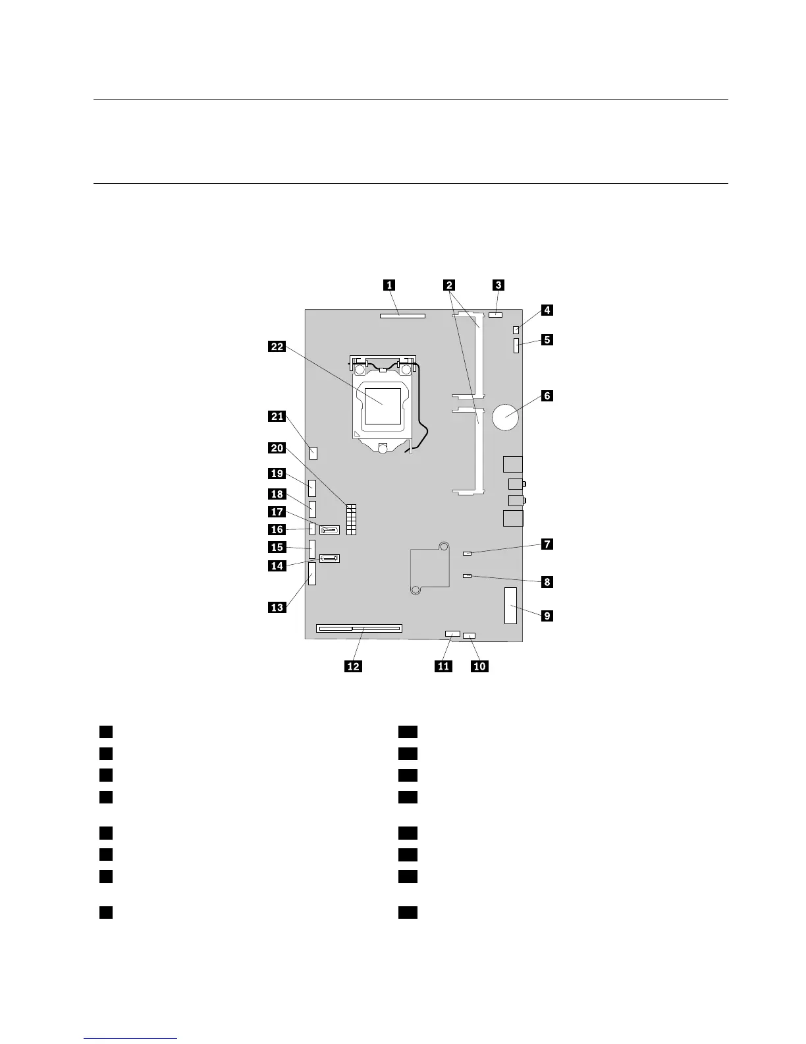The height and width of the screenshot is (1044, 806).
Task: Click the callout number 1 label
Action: (390, 285)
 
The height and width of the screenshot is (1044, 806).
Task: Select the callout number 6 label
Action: (546, 396)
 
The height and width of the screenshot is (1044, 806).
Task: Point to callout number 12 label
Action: (354, 666)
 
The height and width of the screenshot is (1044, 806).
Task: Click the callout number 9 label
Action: (546, 616)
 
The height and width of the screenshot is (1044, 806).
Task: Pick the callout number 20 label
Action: (277, 448)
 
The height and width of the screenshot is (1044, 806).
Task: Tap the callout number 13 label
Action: (277, 607)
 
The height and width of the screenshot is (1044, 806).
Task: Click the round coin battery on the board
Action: (506, 417)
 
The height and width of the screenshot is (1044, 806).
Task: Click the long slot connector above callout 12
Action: (359, 628)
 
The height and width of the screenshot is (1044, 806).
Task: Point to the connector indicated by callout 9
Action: (511, 605)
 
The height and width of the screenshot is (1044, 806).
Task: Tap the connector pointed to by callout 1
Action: (402, 316)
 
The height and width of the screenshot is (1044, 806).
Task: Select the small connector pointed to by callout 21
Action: (313, 453)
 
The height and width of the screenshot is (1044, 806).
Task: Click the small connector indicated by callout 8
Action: (468, 575)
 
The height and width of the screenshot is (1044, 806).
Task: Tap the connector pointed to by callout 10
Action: (470, 635)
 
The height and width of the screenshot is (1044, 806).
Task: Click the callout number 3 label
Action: (498, 285)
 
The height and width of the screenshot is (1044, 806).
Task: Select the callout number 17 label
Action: (277, 512)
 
